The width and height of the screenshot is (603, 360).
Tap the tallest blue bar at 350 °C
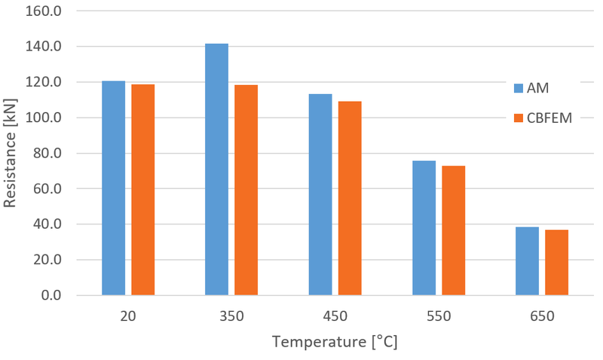(216, 169)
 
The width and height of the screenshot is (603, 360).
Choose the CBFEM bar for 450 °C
(350, 198)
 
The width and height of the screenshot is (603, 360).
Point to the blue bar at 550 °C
(424, 227)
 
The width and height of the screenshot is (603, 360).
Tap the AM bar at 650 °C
(527, 261)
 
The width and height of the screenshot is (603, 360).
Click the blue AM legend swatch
(518, 88)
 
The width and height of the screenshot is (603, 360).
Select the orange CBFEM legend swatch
(518, 117)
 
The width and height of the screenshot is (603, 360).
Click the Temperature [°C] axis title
(335, 343)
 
